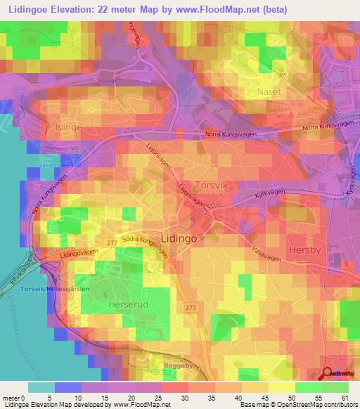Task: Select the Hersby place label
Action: (305, 249)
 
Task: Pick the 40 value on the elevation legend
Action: (241, 398)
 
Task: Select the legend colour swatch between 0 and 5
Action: (41, 387)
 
